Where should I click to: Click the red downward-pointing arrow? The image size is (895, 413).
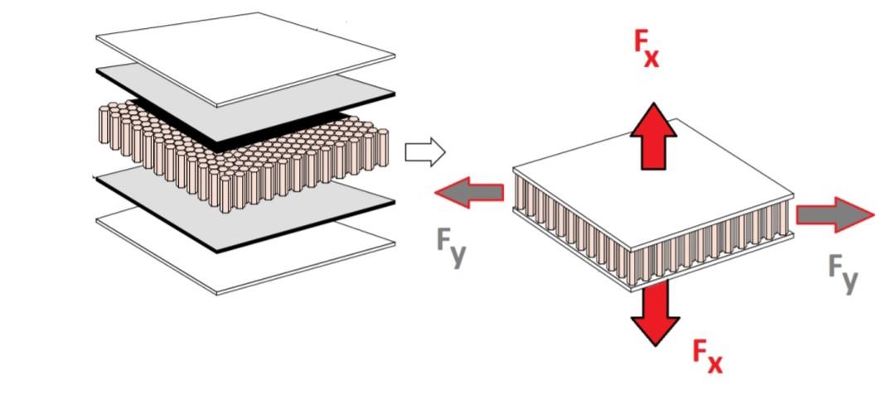[655, 310]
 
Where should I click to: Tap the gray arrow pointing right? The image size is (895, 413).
[834, 215]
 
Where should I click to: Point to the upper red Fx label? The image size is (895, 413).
[646, 52]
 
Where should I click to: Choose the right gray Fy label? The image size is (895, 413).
[844, 274]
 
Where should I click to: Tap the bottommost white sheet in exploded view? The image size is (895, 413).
[249, 252]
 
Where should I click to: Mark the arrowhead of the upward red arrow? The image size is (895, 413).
[654, 116]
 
